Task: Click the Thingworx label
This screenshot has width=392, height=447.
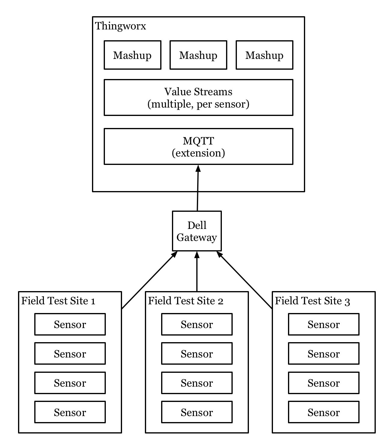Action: click(x=121, y=26)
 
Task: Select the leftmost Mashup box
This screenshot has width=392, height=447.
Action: click(x=132, y=55)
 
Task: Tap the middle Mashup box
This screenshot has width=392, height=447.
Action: click(x=198, y=55)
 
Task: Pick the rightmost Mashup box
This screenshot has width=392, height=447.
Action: click(x=264, y=55)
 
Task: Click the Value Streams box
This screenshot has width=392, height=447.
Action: click(x=198, y=98)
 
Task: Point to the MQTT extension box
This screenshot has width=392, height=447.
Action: click(x=198, y=147)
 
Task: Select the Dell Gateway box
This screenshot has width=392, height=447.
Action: click(x=197, y=231)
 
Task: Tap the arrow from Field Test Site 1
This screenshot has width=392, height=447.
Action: click(x=149, y=281)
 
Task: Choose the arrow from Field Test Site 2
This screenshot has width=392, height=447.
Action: click(x=197, y=272)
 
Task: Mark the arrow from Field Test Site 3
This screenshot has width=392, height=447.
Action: click(x=245, y=281)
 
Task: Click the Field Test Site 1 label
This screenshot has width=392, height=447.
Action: click(x=58, y=301)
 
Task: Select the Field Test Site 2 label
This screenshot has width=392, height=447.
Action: click(x=185, y=301)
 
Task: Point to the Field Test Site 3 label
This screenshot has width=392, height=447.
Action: click(x=312, y=301)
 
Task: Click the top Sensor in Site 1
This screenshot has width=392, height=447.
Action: click(x=70, y=324)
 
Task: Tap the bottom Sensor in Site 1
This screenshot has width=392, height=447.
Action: click(x=70, y=412)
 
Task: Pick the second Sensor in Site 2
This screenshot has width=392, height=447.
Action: click(x=197, y=354)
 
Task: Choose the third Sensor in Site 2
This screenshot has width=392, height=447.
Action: click(x=197, y=383)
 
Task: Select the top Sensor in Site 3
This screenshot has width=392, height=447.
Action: click(x=323, y=324)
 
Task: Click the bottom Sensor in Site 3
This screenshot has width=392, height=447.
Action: click(x=323, y=412)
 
